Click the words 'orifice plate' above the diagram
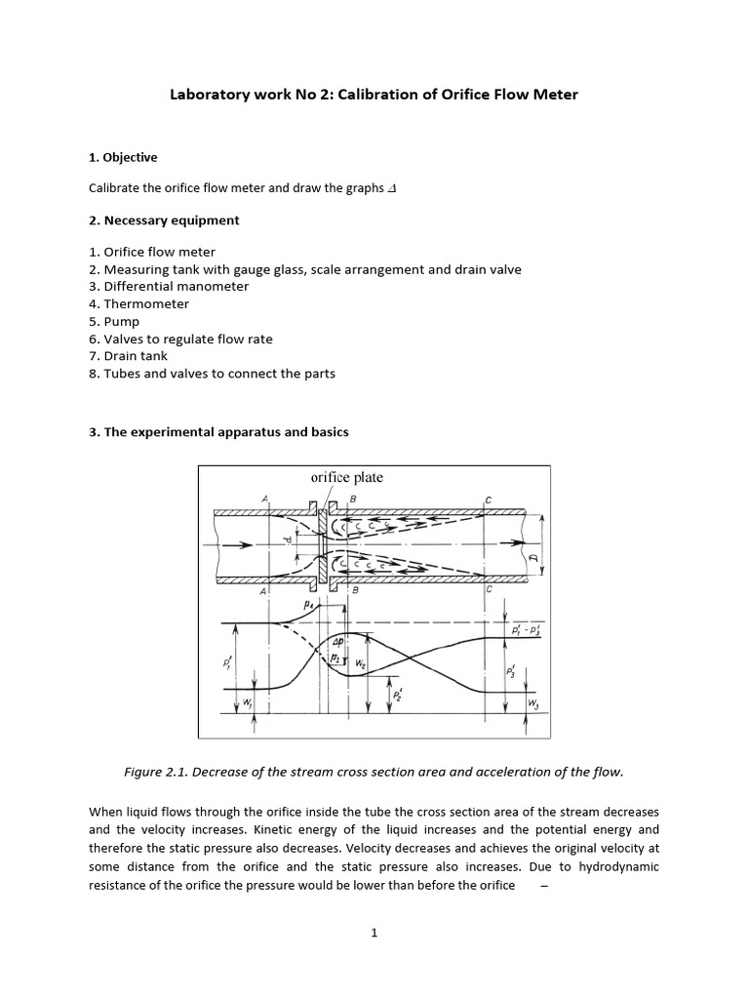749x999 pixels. pos(346,477)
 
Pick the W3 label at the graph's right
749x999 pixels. pos(532,701)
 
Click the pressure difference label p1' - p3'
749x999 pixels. pos(528,631)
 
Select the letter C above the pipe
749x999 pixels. pos(489,499)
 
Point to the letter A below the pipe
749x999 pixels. pos(263,591)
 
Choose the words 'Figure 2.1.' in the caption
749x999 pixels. pos(158,772)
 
